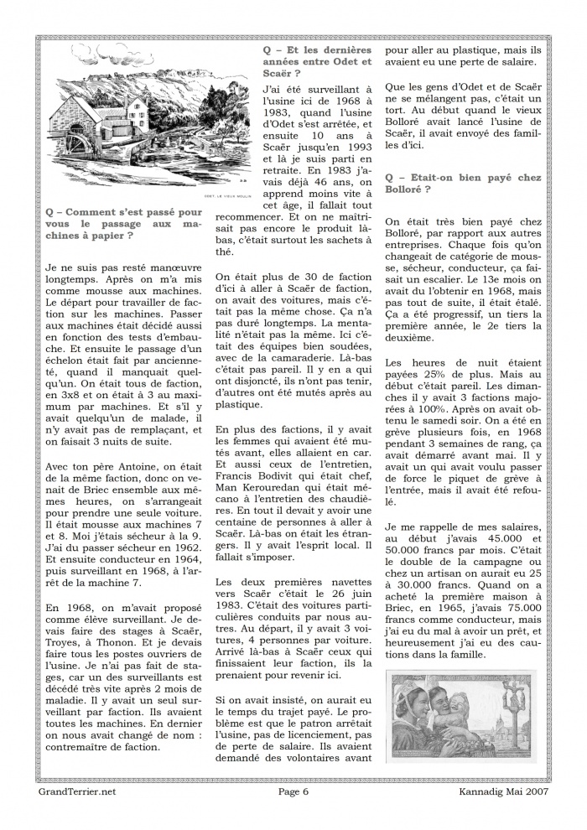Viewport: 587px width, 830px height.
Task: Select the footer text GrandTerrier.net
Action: coord(77,791)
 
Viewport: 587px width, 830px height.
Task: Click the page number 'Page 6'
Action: coord(293,791)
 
